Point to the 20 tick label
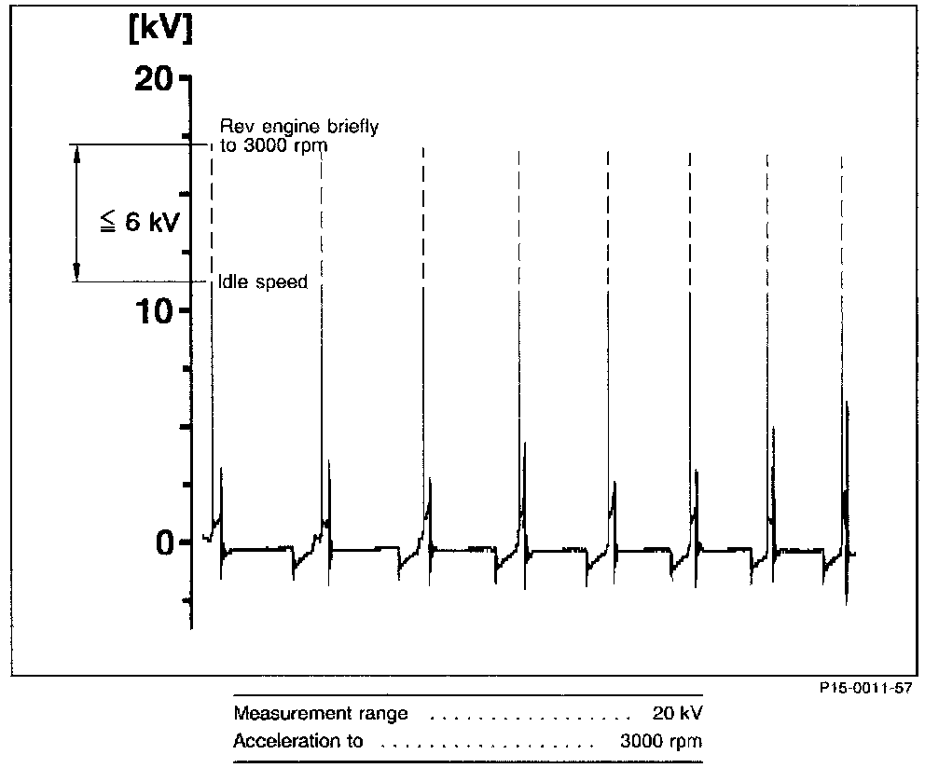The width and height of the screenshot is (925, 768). [153, 79]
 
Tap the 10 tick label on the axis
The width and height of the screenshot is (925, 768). [153, 310]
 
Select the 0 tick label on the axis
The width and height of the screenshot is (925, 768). [164, 542]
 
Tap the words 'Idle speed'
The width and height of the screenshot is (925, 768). [262, 281]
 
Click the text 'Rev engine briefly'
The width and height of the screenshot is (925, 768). [298, 127]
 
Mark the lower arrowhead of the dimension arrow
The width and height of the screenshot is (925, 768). [77, 272]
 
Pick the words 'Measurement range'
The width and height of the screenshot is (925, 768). [320, 715]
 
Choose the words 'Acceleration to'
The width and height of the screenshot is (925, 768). [297, 742]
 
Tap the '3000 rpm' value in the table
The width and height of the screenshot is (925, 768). [660, 742]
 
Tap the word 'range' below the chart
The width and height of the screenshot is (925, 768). [381, 715]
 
